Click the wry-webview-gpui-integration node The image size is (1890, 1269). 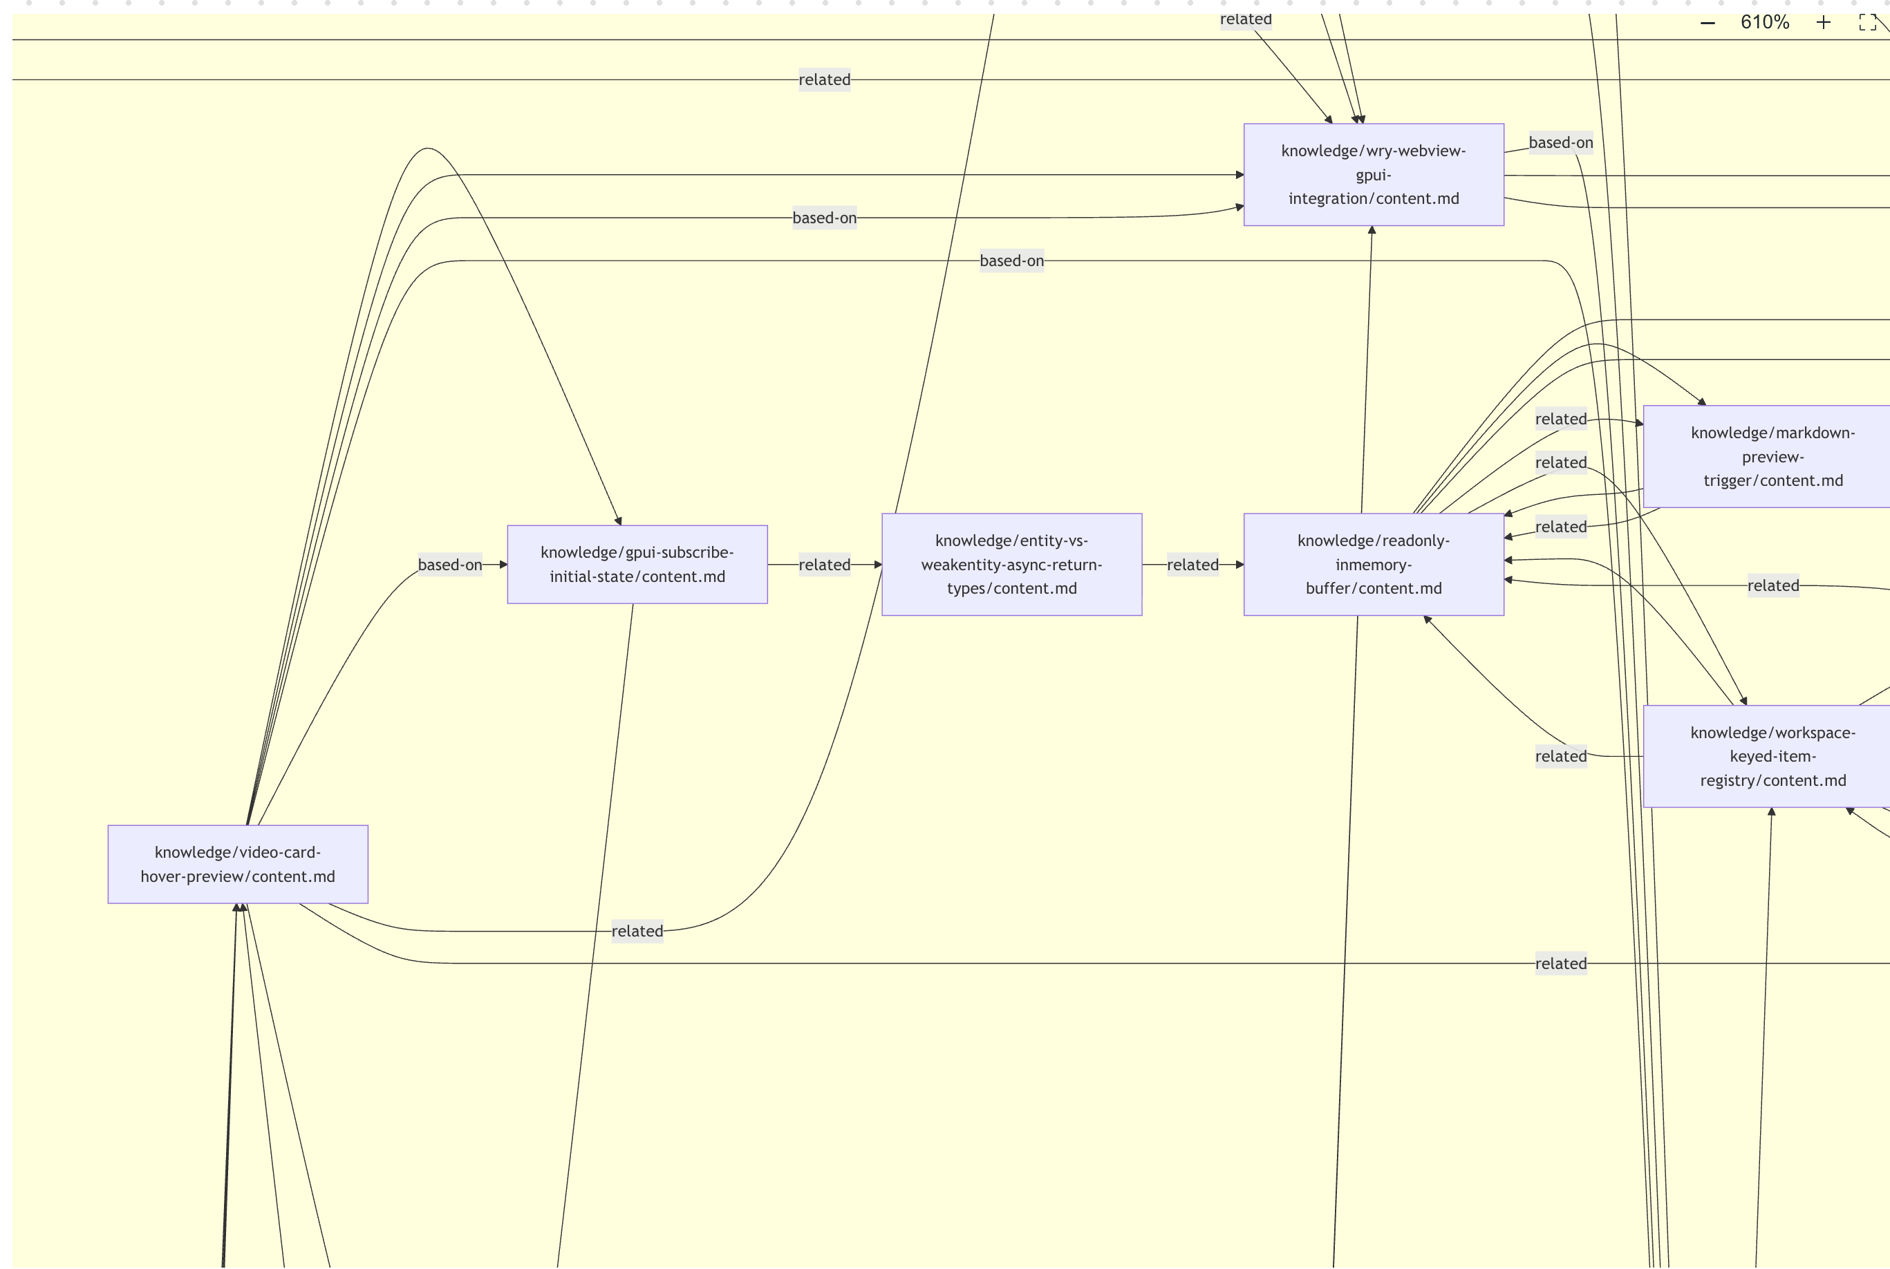point(1373,175)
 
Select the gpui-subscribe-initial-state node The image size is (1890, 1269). point(637,564)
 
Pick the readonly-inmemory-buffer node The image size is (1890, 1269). point(1373,564)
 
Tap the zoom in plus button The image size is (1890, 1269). point(1823,23)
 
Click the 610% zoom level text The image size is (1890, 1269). point(1765,23)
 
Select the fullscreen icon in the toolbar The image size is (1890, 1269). point(1867,23)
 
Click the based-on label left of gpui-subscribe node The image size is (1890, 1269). point(449,564)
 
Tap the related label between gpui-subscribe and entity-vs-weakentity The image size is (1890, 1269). point(824,564)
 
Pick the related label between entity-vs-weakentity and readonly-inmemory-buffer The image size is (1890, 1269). point(1192,564)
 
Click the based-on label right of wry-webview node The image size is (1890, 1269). point(1560,142)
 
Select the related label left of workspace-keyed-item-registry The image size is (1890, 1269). point(1560,756)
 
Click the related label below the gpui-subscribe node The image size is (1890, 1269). point(637,931)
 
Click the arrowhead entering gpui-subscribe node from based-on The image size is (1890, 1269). point(503,564)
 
